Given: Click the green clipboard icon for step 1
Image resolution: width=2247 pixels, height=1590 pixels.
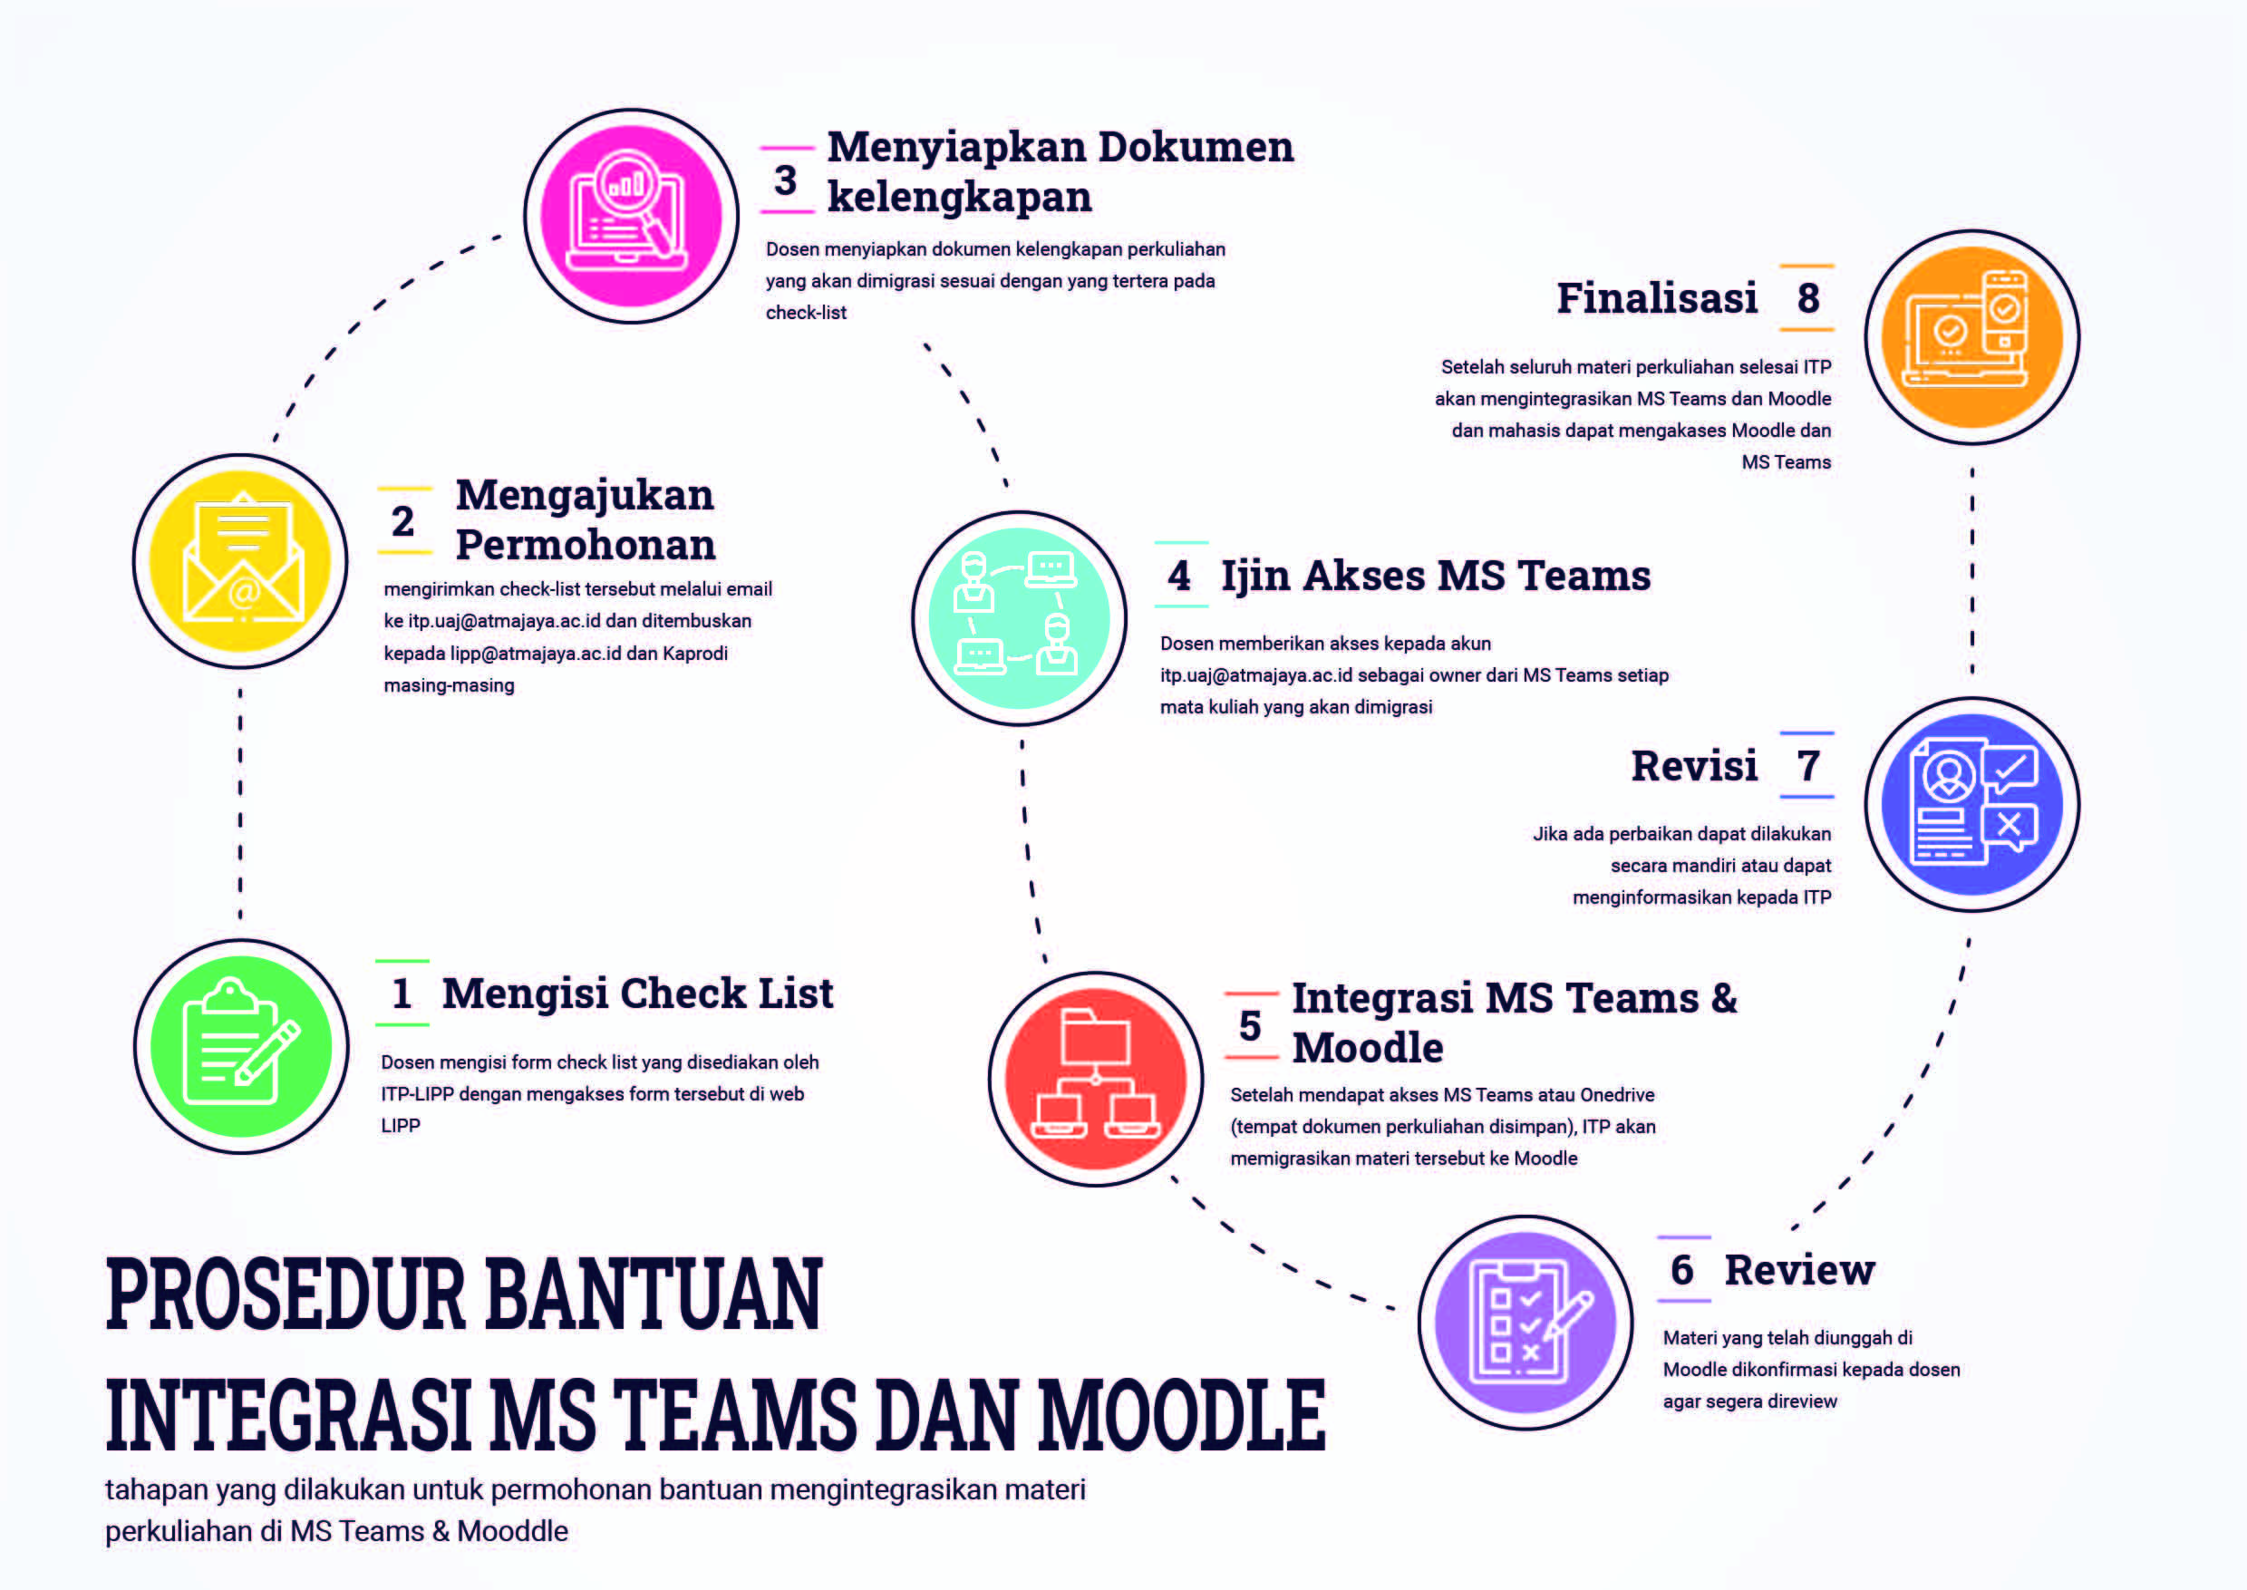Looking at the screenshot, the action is pos(242,1045).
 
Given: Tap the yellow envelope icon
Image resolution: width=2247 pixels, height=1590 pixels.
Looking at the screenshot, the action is pos(241,561).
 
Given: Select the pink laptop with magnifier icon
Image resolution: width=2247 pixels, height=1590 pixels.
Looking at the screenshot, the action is pos(632,217).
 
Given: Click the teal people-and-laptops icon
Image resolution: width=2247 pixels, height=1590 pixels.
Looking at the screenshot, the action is pos(1019,618).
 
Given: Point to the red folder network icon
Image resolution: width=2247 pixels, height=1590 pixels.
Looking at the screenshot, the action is pos(1096,1079).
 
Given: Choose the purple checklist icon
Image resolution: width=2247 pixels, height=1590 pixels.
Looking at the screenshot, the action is pos(1525,1323).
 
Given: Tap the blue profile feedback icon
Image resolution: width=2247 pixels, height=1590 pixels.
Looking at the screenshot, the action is pos(1971,805).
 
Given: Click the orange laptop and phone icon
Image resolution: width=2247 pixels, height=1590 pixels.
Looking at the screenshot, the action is pos(1971,338).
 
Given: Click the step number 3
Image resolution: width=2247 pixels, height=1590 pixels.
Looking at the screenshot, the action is pos(785,180).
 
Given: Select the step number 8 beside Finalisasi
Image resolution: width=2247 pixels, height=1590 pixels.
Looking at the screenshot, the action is pos(1808,297).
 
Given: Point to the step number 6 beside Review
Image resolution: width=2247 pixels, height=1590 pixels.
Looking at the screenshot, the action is pos(1682,1270).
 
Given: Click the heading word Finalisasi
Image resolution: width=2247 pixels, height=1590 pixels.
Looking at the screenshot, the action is pos(1658,297).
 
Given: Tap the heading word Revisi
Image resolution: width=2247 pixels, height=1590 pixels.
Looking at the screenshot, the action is pos(1695,766).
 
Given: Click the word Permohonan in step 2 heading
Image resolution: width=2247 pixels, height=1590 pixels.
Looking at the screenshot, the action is pos(586,546).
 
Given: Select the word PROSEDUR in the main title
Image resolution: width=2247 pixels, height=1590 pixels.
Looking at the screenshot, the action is pos(285,1294).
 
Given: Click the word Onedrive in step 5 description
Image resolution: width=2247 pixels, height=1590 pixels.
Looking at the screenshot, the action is pos(1617,1094).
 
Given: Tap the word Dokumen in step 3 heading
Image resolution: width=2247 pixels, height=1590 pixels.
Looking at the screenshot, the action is pos(1196,147).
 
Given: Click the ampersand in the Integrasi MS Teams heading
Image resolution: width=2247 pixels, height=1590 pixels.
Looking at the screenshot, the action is pos(1724,998).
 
